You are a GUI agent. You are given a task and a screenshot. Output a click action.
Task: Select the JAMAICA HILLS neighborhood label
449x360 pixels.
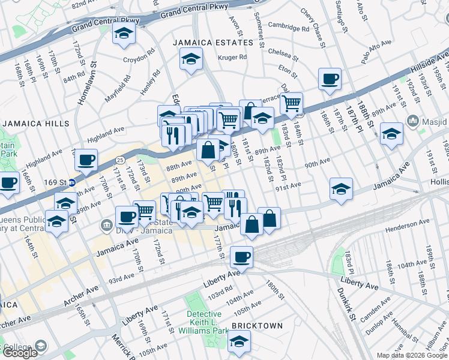[x=35, y=123]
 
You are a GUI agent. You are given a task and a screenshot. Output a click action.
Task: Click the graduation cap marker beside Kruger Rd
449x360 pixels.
[x=191, y=59]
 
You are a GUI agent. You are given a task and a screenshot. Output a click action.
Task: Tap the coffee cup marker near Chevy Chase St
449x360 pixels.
[x=330, y=79]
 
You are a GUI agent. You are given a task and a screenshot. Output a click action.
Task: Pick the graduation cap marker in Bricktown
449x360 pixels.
[x=240, y=342]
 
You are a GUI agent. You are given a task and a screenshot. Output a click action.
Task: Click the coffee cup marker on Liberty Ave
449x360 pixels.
[x=241, y=257]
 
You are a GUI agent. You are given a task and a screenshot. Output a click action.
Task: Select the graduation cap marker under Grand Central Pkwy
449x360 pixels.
[x=124, y=34]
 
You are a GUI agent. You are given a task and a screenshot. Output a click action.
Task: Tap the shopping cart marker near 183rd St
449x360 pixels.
[x=291, y=103]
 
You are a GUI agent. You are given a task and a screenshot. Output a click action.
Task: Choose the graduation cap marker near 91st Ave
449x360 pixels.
[x=341, y=189]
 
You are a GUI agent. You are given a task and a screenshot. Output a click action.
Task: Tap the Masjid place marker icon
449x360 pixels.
[x=412, y=122]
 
